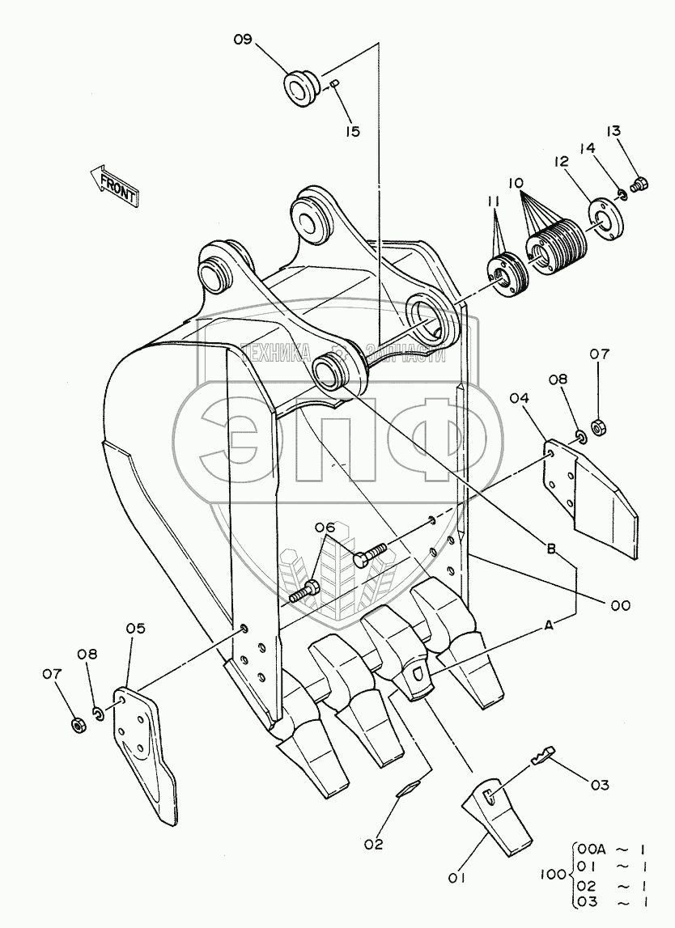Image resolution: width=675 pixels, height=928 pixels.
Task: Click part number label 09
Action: tap(244, 38)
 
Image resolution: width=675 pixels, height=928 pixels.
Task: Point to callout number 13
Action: tap(614, 131)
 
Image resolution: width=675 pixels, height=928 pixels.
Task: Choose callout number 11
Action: tap(495, 201)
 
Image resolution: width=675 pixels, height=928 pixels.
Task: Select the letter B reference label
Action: tap(550, 550)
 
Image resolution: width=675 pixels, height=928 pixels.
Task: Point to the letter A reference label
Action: tap(550, 624)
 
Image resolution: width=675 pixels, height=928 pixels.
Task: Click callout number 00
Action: tap(620, 604)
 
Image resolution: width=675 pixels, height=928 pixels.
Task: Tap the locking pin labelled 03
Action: tap(543, 756)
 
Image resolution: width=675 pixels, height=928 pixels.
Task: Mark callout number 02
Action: tap(373, 844)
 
